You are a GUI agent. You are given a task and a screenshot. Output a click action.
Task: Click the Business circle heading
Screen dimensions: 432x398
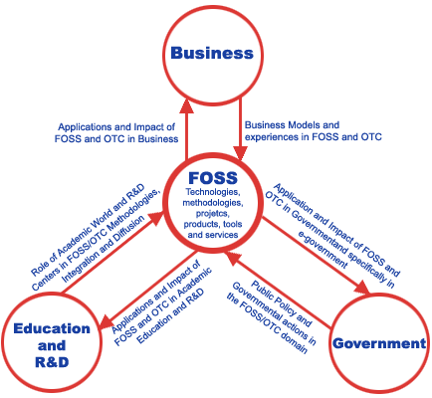point(212,53)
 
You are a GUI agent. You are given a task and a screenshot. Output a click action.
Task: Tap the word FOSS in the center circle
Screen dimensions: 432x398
point(213,178)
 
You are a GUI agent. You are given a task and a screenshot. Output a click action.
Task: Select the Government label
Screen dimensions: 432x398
point(379,343)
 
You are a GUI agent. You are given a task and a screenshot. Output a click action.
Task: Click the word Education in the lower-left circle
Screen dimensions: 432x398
point(52,328)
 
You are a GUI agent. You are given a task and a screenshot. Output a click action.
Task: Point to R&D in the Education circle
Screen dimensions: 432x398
point(52,361)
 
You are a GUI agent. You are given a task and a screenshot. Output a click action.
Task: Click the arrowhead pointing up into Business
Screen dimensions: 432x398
point(187,105)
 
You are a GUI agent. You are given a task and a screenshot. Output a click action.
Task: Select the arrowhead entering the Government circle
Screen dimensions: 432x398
point(362,287)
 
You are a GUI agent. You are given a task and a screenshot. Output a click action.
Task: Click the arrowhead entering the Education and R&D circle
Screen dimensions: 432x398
point(108,321)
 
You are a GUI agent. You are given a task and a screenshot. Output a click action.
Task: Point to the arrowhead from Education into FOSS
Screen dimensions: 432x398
point(157,218)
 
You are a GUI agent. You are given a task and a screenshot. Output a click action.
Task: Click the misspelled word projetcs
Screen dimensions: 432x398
point(213,213)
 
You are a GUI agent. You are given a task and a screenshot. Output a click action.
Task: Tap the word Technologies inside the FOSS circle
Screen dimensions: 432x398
point(212,192)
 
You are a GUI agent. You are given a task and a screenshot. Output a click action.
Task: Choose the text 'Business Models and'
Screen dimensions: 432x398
point(292,125)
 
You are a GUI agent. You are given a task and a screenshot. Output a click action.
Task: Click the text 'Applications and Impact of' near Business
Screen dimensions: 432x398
point(116,127)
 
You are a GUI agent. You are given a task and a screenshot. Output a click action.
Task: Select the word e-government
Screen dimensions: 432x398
point(323,250)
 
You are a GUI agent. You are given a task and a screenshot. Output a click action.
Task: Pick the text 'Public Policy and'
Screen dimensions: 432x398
point(281,303)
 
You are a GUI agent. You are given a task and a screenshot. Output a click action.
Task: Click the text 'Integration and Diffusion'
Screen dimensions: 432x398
point(104,249)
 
